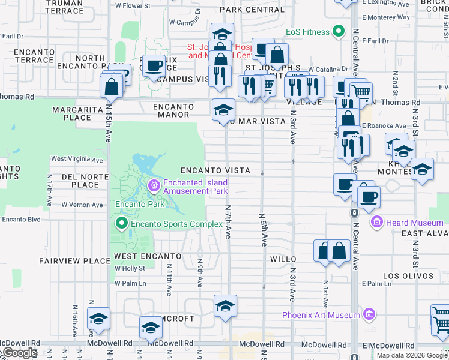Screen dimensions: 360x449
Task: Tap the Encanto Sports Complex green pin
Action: pos(122,224)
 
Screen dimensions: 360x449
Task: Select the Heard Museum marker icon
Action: pos(377,223)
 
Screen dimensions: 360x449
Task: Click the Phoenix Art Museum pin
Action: pos(369,314)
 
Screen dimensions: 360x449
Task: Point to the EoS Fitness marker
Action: pos(338,32)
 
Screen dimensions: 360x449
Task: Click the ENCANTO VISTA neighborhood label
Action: pos(215,171)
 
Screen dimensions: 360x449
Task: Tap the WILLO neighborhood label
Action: pos(283,259)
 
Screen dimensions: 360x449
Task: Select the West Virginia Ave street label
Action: pos(77,160)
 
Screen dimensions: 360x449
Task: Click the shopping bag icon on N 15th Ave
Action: pos(112,87)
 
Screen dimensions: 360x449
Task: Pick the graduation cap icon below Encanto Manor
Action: pos(223,109)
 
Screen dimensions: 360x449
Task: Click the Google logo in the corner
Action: pos(19,353)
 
